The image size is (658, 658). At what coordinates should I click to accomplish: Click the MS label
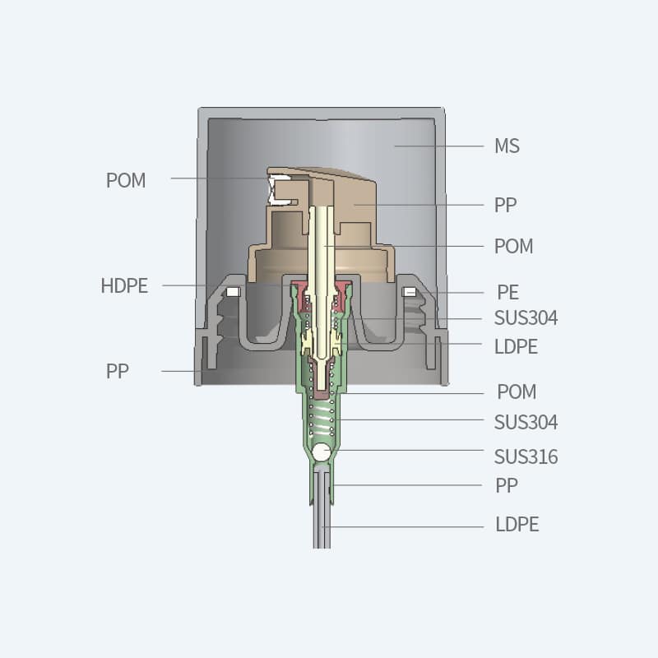pyautogui.click(x=507, y=146)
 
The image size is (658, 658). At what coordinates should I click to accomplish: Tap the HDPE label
pyautogui.click(x=124, y=286)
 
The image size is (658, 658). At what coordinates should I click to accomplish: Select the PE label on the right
pyautogui.click(x=507, y=292)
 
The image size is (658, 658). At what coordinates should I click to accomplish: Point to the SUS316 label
pyautogui.click(x=526, y=456)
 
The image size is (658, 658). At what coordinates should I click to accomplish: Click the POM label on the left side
pyautogui.click(x=126, y=180)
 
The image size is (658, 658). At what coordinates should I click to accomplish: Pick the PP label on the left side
pyautogui.click(x=118, y=371)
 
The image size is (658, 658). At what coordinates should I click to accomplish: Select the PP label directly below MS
pyautogui.click(x=506, y=205)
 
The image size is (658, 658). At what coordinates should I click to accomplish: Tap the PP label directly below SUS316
pyautogui.click(x=507, y=485)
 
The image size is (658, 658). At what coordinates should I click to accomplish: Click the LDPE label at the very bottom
pyautogui.click(x=517, y=524)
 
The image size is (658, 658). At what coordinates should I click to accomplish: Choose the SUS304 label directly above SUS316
pyautogui.click(x=526, y=423)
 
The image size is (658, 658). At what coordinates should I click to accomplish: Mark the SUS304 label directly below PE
pyautogui.click(x=526, y=318)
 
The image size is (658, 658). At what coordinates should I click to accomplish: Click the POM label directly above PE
pyautogui.click(x=513, y=246)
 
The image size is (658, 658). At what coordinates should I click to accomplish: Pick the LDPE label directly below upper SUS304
pyautogui.click(x=516, y=347)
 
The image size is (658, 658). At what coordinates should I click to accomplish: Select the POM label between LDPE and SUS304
pyautogui.click(x=517, y=392)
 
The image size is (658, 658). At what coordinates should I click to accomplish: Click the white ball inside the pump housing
pyautogui.click(x=322, y=452)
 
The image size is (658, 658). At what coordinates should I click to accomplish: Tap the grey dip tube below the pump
pyautogui.click(x=322, y=518)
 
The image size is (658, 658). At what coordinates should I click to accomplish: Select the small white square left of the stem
pyautogui.click(x=233, y=291)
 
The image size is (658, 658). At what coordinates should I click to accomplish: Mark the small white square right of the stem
pyautogui.click(x=409, y=291)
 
